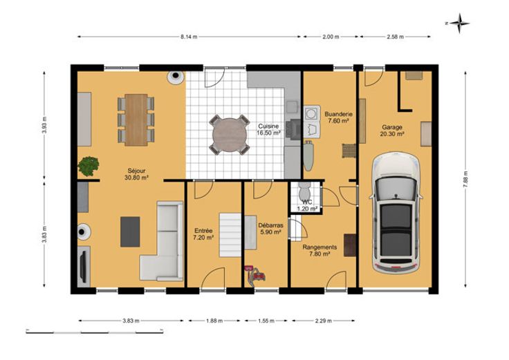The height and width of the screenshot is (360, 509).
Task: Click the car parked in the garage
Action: (x=396, y=214)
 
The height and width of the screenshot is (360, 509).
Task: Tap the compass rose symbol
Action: (x=459, y=23)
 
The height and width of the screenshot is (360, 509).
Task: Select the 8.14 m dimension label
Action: (x=189, y=37)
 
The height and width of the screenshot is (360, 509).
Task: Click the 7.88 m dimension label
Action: (x=466, y=179)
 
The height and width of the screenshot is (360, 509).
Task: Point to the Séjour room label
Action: (x=136, y=171)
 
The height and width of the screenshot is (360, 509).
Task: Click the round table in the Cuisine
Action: (x=230, y=134)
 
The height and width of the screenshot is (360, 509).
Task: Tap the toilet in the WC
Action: (x=304, y=191)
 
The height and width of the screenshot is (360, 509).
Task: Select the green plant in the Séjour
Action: (x=89, y=166)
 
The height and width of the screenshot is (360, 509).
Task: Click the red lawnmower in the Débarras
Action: (x=254, y=274)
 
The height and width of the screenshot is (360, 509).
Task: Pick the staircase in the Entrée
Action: (x=230, y=235)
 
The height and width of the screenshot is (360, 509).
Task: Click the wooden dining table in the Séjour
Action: (x=136, y=120)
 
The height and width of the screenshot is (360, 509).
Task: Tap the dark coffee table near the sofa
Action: (x=130, y=231)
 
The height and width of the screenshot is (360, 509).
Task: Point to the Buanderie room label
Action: (x=339, y=114)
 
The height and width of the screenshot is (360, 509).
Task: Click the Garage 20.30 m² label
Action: (x=392, y=131)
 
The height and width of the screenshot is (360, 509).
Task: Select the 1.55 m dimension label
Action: (x=266, y=321)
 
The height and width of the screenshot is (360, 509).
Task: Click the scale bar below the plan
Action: (x=95, y=332)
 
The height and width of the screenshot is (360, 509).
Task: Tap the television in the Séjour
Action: (x=84, y=266)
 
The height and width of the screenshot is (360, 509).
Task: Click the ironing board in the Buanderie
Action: (x=308, y=155)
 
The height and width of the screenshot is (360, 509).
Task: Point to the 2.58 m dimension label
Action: (x=396, y=37)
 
